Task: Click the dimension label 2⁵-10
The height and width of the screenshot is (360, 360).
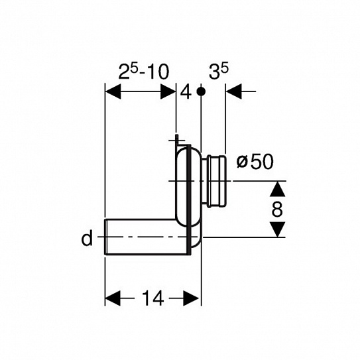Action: tap(144, 72)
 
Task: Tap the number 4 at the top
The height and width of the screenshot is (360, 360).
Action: tap(186, 93)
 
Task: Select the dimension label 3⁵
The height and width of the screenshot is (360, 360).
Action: tap(219, 72)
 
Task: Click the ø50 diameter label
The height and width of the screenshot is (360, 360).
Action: tap(255, 161)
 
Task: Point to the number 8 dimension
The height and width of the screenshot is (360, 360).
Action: tap(277, 209)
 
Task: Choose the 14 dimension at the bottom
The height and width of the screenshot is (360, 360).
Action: tap(152, 298)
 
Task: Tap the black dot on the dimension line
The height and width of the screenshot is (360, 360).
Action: tap(201, 91)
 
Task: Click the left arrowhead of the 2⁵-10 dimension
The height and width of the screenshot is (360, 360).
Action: tap(113, 91)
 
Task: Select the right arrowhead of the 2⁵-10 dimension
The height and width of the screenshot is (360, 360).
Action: tap(168, 91)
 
